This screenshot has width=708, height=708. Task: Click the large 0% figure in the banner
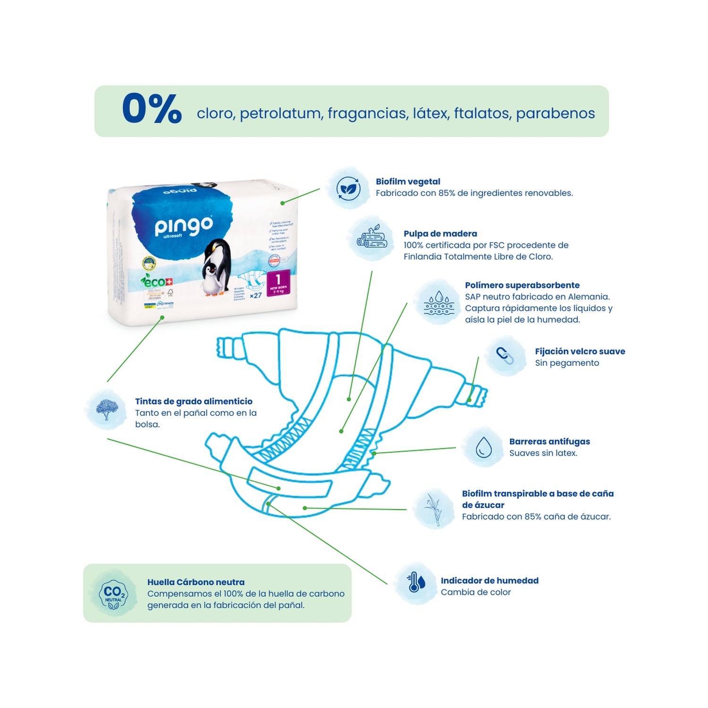[152, 110]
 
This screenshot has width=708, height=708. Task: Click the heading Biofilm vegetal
[408, 182]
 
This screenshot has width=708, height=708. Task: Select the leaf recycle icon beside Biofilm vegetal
[348, 189]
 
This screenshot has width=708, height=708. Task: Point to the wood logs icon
[373, 238]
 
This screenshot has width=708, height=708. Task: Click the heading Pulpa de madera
[440, 234]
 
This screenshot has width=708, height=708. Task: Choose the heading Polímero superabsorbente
[522, 285]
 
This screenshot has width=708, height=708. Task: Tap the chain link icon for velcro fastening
[505, 355]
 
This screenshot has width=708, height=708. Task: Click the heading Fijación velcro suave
[580, 351]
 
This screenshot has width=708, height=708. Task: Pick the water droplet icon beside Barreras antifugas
[483, 447]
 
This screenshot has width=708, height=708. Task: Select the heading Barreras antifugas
[549, 441]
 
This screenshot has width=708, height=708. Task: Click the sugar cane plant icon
[433, 508]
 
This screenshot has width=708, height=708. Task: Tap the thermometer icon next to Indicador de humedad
[415, 583]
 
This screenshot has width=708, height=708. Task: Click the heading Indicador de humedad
[489, 581]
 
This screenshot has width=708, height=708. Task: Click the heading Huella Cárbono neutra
[195, 582]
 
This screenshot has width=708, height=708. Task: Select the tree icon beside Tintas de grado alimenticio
[107, 409]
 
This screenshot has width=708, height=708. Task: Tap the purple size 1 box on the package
[278, 283]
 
